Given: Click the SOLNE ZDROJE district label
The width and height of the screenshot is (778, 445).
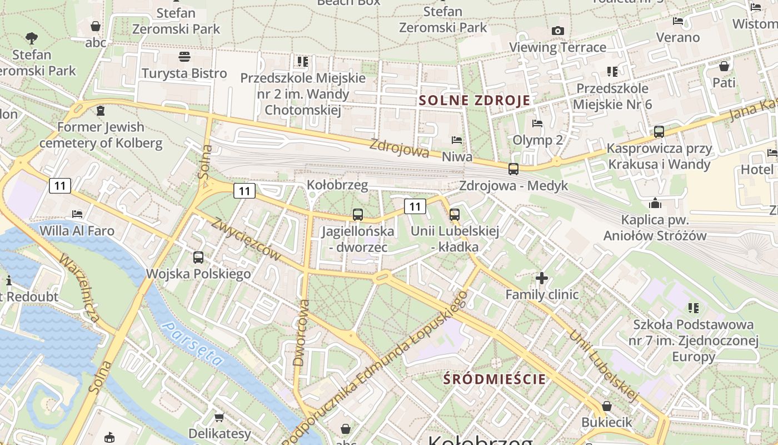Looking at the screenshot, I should (x=475, y=101).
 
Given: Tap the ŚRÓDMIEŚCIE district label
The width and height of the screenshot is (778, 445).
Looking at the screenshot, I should (x=495, y=379).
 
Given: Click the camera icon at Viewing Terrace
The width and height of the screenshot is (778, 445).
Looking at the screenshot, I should (x=558, y=31).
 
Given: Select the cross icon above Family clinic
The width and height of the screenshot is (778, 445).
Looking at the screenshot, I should (x=542, y=278).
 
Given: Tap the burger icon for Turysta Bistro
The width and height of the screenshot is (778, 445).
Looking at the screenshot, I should (x=184, y=57).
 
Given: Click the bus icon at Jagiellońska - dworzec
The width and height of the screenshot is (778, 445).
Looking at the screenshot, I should (x=358, y=215).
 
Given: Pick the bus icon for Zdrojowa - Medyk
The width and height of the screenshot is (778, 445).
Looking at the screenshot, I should (x=513, y=169).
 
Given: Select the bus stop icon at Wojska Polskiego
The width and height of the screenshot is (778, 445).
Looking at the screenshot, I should (x=198, y=258).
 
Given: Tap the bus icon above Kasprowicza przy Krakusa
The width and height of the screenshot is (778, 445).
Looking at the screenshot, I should (x=659, y=132).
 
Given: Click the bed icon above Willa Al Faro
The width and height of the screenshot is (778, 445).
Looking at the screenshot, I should (x=77, y=214).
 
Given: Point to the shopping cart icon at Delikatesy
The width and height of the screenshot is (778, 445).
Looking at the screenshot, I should (x=220, y=417).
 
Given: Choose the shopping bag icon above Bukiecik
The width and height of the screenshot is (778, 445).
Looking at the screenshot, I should (x=607, y=406).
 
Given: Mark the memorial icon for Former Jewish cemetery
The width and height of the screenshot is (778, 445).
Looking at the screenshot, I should (x=101, y=111).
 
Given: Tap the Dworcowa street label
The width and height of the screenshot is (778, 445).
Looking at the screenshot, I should (x=301, y=333).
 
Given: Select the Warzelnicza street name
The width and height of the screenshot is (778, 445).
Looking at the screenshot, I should (x=79, y=288).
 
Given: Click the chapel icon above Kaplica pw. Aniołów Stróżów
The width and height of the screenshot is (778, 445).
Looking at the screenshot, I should (x=655, y=203).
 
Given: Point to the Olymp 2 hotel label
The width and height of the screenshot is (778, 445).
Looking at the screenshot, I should (x=537, y=140).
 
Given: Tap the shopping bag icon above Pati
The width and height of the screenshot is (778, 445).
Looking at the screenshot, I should (x=724, y=67).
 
